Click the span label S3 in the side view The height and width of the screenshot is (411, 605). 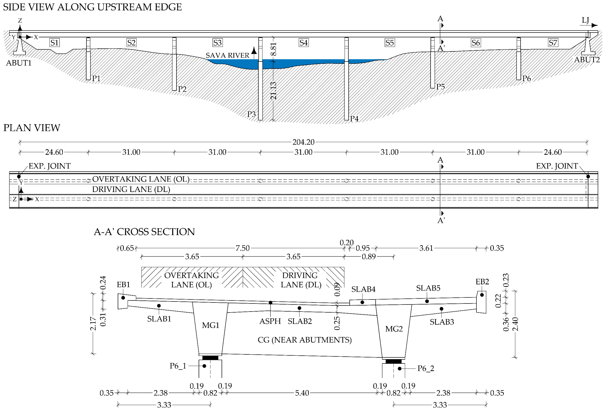217,43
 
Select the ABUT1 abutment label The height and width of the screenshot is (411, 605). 19,63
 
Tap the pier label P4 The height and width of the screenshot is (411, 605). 354,119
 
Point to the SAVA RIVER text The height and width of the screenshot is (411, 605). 227,55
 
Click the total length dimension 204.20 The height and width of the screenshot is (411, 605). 303,142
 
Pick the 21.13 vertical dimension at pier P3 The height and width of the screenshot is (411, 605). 273,91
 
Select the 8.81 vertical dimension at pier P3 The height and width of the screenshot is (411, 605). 273,49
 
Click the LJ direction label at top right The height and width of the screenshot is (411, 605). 585,20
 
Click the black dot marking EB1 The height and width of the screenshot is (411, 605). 123,297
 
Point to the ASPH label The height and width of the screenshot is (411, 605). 270,321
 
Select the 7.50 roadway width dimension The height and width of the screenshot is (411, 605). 242,248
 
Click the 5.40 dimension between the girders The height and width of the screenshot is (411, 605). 302,393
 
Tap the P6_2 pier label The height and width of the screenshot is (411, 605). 426,369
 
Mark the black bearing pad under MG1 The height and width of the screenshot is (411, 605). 210,358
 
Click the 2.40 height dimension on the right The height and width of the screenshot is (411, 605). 515,324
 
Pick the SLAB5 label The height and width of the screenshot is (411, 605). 428,288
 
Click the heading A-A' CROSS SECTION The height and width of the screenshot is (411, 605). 144,232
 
